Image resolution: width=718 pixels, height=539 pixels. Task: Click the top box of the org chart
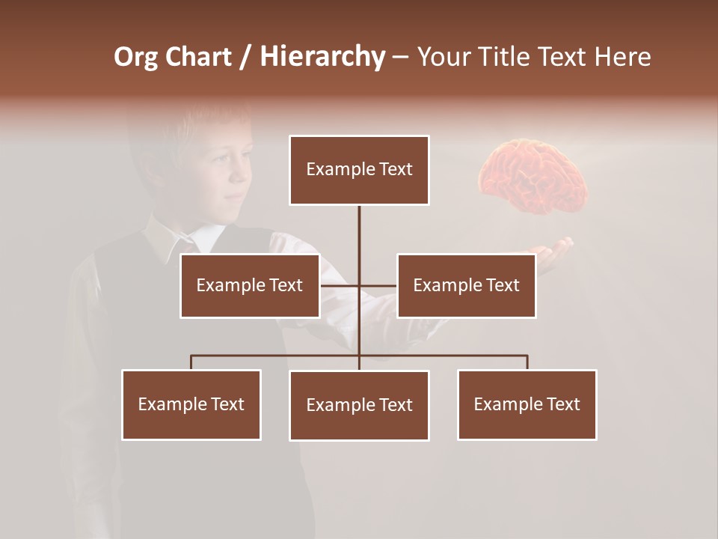[359, 170]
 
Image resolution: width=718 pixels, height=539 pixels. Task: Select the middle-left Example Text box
[250, 285]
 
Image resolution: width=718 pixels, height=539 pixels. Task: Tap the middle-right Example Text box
[466, 285]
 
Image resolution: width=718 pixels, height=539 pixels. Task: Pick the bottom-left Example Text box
[191, 404]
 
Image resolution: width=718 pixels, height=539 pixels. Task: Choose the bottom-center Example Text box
[359, 405]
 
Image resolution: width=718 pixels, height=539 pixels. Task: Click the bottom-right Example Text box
[527, 404]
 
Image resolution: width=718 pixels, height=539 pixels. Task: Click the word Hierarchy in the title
[322, 57]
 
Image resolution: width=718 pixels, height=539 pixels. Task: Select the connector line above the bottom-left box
[191, 362]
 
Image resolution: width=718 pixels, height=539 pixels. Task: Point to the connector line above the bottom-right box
[527, 362]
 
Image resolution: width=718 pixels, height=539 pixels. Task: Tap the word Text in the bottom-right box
[562, 404]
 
